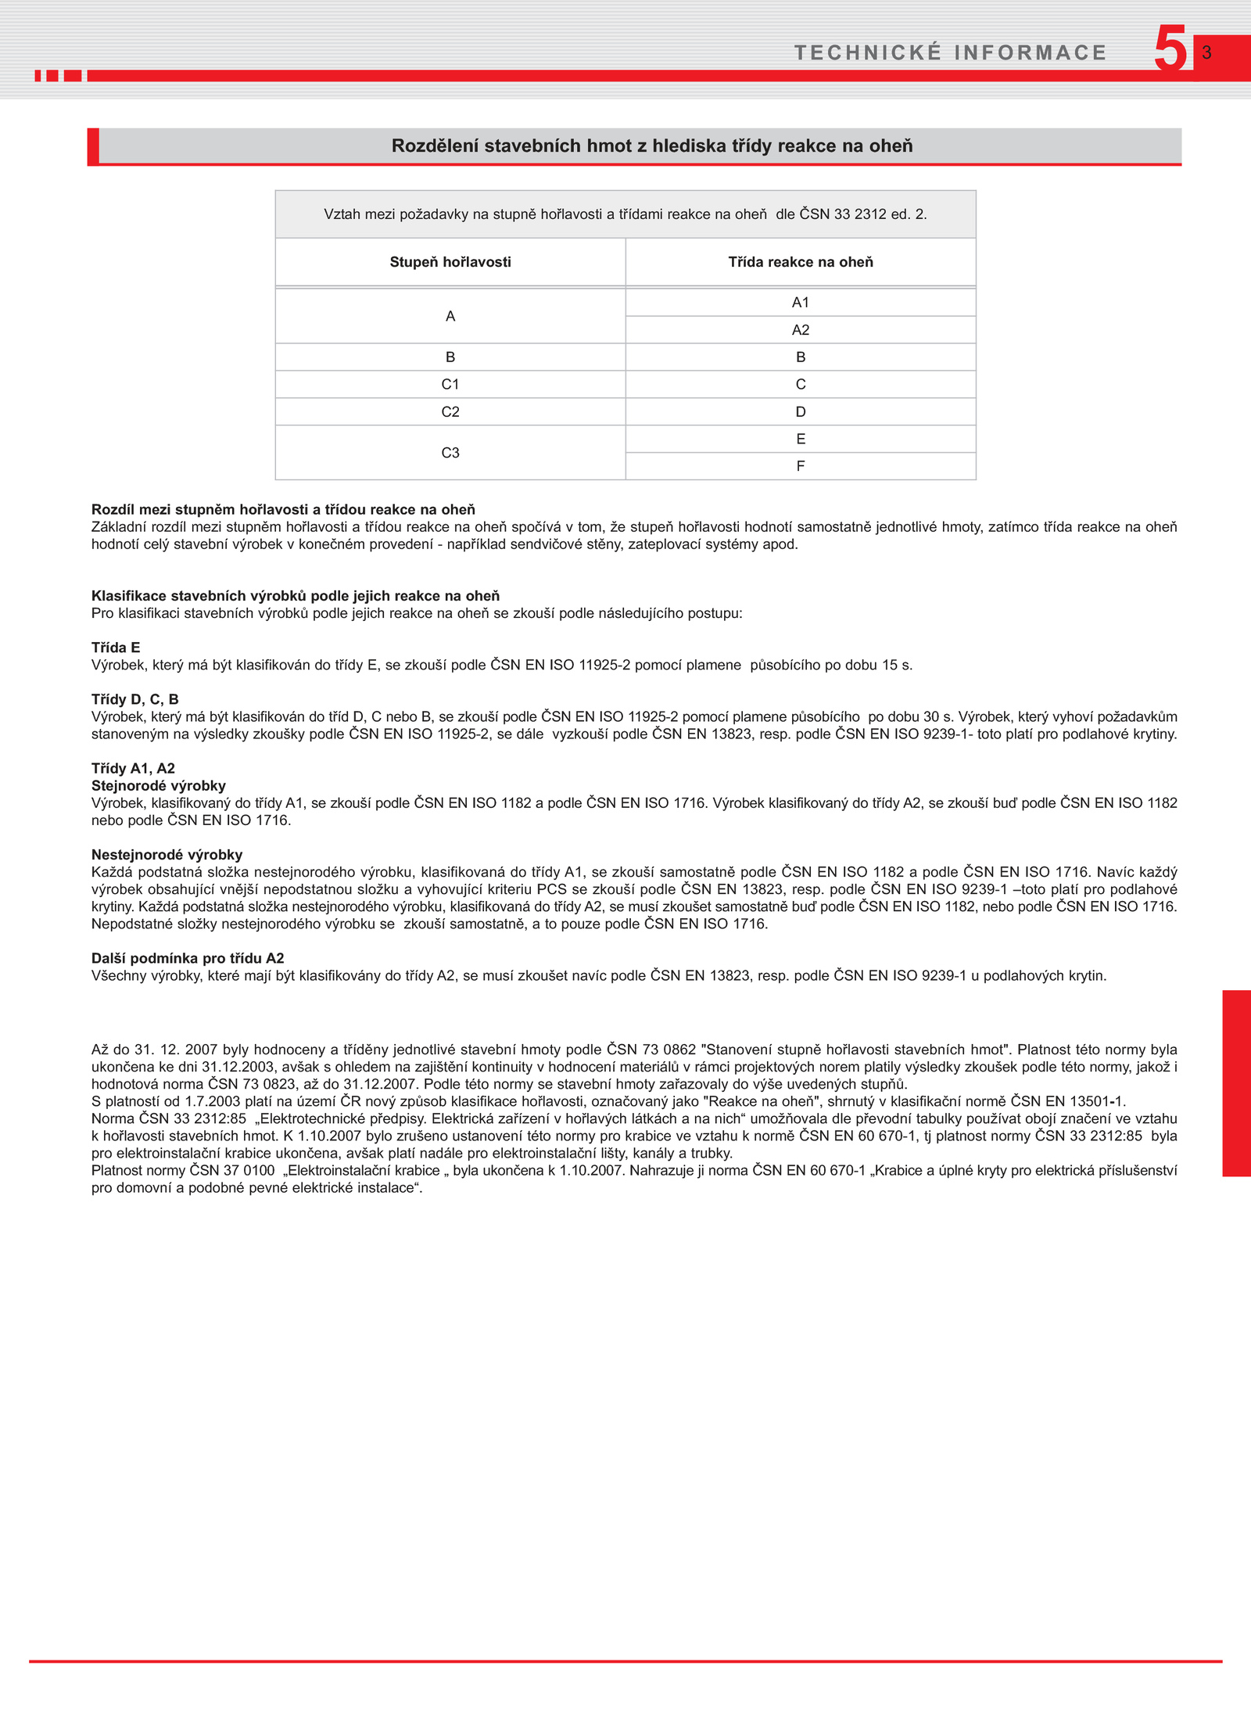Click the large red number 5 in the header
coord(1170,48)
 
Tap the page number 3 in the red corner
coord(1206,52)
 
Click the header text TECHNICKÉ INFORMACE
coord(950,52)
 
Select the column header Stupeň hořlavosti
coord(450,262)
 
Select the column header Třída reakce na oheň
coord(801,262)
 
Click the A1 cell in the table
coord(801,303)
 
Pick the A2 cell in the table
coord(801,330)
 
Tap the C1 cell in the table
coord(450,384)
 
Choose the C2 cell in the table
coord(450,411)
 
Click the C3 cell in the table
coord(450,453)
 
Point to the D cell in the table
coord(801,411)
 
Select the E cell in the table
coord(801,439)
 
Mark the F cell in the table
coord(801,466)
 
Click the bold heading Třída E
coord(116,648)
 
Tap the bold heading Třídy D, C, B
coord(134,699)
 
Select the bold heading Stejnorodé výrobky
coord(158,785)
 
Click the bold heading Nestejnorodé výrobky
coord(167,855)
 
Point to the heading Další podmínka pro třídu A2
coord(188,958)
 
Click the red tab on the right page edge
coord(1236,1083)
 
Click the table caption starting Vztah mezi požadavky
coord(625,214)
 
